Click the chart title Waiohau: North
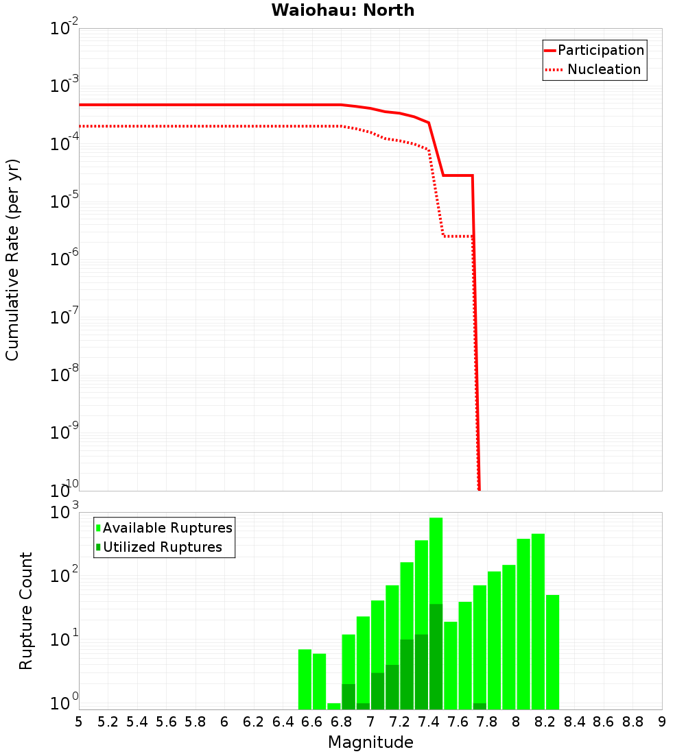click(x=343, y=10)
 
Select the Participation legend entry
click(x=600, y=50)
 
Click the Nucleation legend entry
click(x=603, y=69)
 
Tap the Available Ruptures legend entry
click(x=167, y=528)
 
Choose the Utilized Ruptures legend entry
click(x=162, y=547)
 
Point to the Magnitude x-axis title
click(x=370, y=742)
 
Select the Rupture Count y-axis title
click(x=26, y=610)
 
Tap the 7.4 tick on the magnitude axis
click(x=429, y=722)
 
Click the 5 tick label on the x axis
click(x=79, y=722)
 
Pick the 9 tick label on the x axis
click(x=662, y=722)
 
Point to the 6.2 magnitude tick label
click(x=254, y=722)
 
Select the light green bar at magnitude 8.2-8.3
click(x=552, y=651)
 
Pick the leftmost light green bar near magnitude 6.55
click(x=305, y=679)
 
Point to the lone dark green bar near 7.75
click(x=480, y=706)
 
